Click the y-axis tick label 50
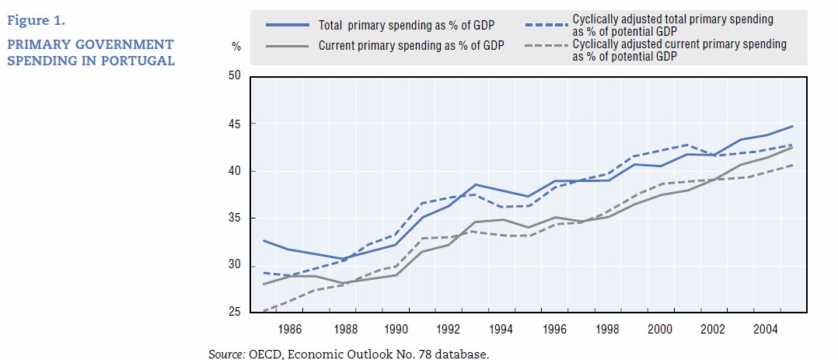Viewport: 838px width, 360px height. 235,76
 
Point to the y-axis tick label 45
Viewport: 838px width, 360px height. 235,124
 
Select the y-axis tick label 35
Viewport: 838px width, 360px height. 235,218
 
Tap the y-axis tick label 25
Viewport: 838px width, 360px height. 235,313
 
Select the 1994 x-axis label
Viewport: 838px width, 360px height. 501,330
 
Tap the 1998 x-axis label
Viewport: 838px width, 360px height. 608,330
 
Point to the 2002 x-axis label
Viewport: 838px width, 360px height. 714,330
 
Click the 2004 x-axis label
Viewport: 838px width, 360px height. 766,330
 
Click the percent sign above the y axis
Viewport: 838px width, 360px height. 236,47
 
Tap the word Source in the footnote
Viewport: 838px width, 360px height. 225,354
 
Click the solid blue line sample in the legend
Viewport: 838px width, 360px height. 286,24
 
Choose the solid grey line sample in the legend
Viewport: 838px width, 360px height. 286,45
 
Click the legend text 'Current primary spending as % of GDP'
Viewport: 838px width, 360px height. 411,45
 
